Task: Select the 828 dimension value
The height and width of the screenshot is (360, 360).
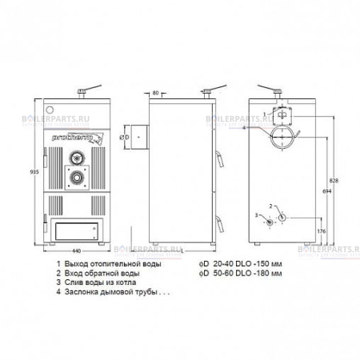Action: point(334,182)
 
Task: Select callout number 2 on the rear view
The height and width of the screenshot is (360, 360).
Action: point(272,205)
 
